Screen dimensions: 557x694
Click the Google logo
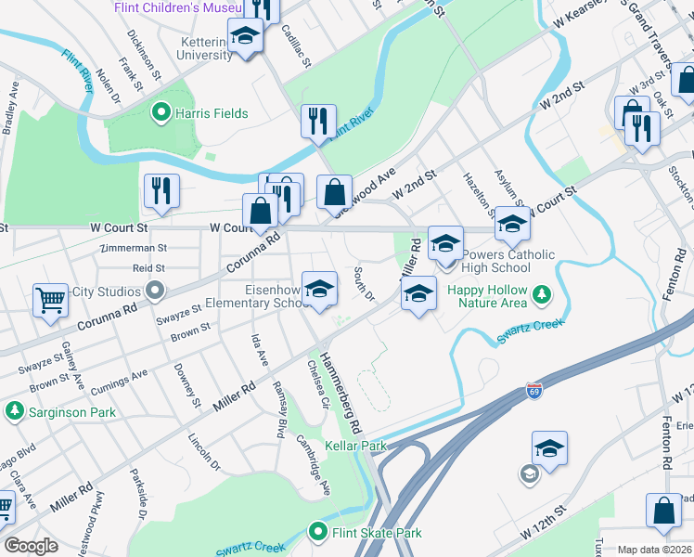tap(31, 546)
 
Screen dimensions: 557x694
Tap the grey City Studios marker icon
tap(153, 291)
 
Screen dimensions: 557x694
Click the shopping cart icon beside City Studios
tap(50, 299)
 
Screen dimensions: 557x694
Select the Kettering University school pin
tap(246, 36)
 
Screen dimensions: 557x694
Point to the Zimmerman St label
tap(135, 249)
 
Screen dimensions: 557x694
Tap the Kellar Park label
tap(355, 447)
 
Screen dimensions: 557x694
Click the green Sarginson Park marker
tap(14, 409)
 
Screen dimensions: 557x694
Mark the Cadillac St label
tap(295, 44)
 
